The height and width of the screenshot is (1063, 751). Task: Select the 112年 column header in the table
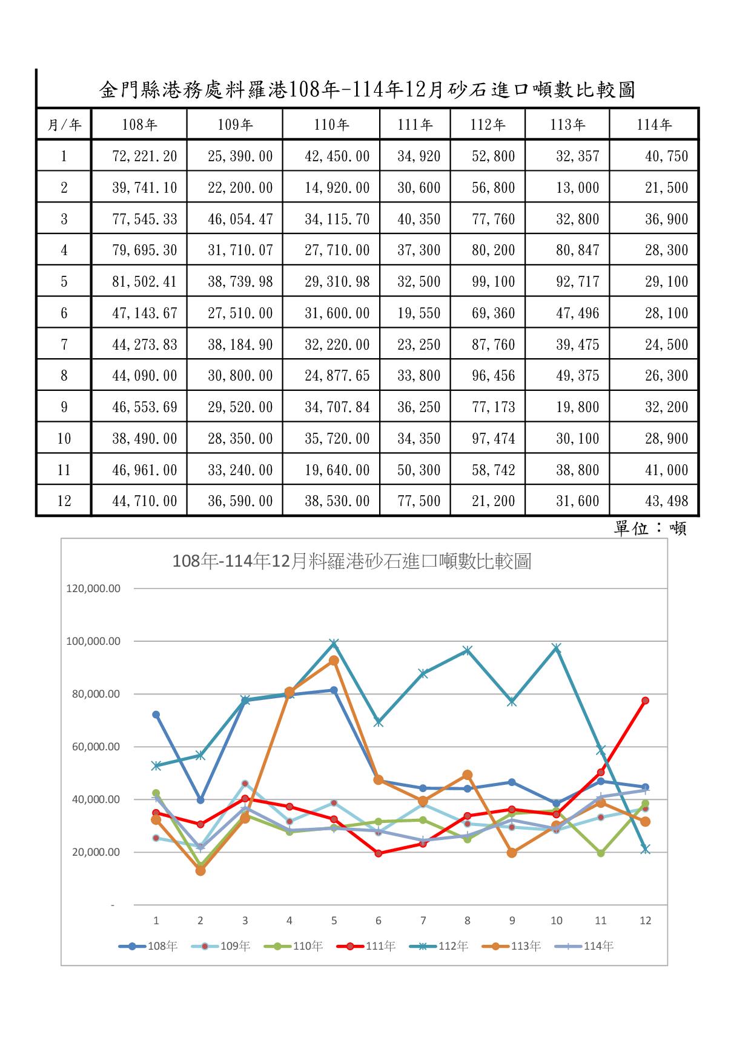pyautogui.click(x=488, y=125)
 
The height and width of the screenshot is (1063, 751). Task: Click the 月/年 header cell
pyautogui.click(x=64, y=125)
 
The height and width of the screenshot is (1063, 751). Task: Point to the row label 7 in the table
pyautogui.click(x=64, y=345)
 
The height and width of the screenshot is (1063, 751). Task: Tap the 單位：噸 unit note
pyautogui.click(x=650, y=529)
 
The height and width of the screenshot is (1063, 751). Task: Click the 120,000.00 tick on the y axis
pyautogui.click(x=93, y=588)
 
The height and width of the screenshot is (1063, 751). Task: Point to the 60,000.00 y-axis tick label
pyautogui.click(x=93, y=747)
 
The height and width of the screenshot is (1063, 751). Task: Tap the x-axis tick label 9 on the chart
pyautogui.click(x=512, y=921)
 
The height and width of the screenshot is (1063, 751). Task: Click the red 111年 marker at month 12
pyautogui.click(x=645, y=701)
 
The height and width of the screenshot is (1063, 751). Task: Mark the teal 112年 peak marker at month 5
pyautogui.click(x=334, y=644)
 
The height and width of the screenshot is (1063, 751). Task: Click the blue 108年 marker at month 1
pyautogui.click(x=156, y=715)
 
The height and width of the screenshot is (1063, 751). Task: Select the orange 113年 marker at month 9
pyautogui.click(x=512, y=853)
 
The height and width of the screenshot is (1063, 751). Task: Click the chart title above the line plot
pyautogui.click(x=352, y=561)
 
